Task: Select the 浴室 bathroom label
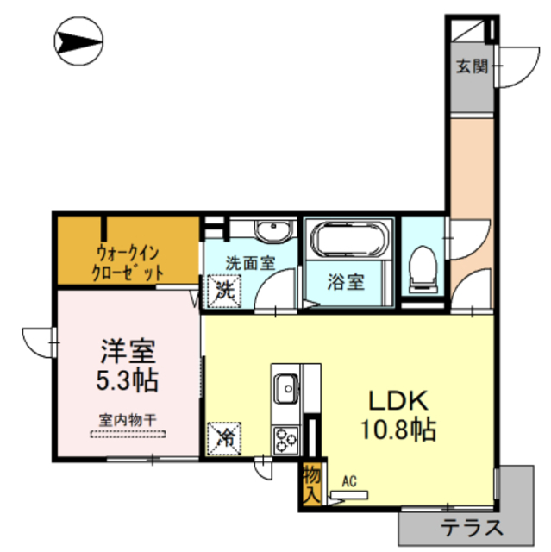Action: pyautogui.click(x=348, y=281)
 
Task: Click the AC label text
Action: pyautogui.click(x=349, y=481)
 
